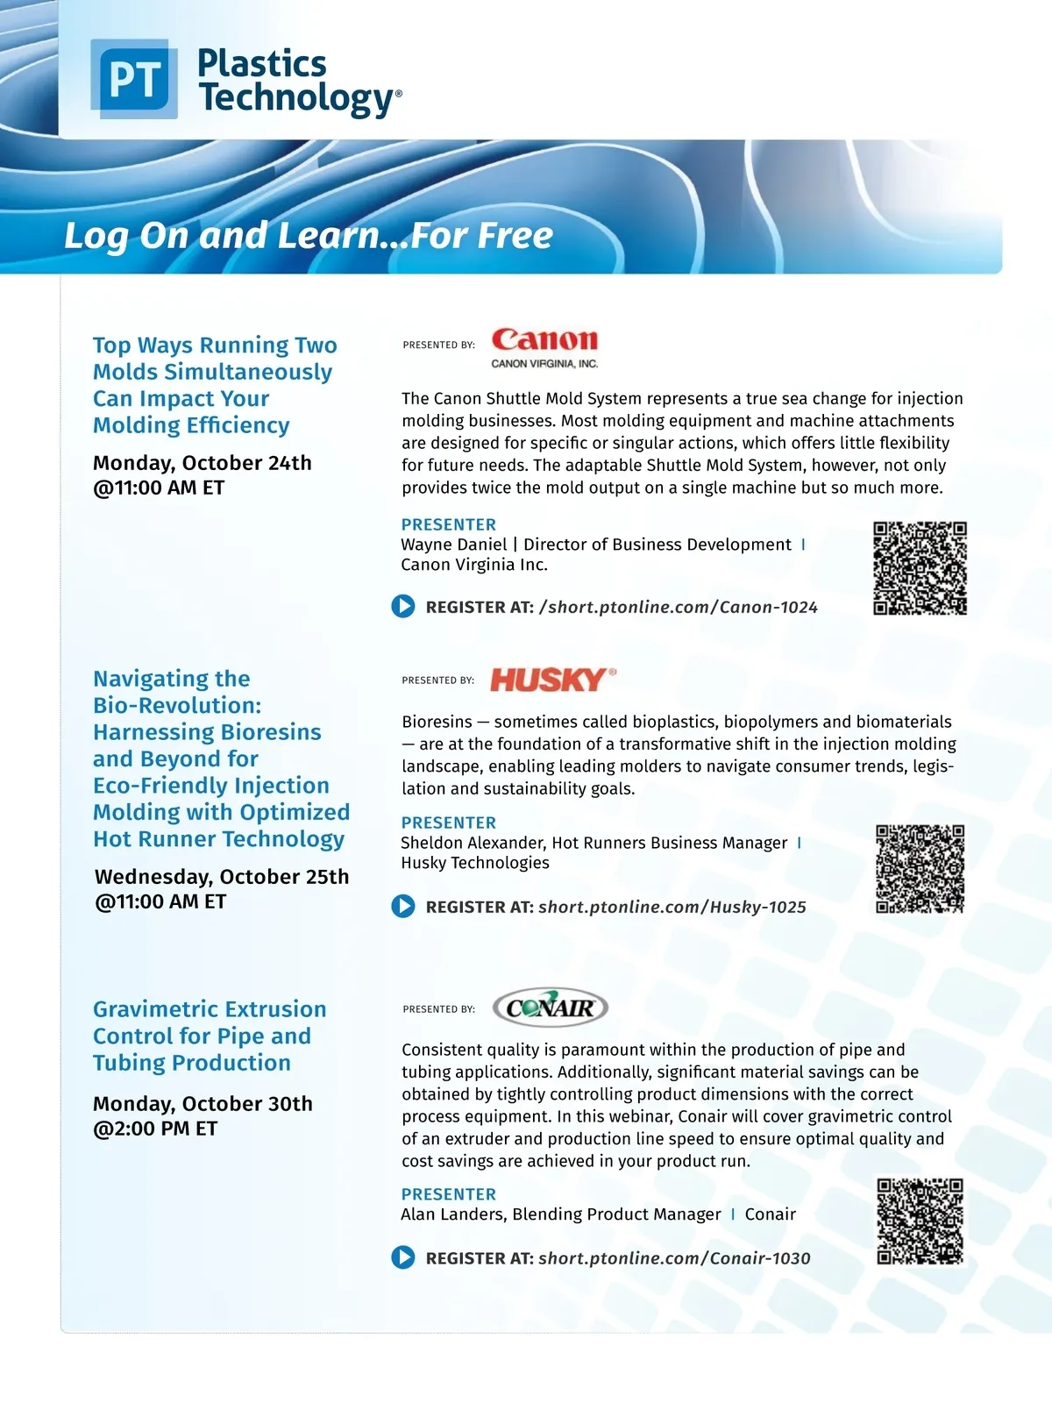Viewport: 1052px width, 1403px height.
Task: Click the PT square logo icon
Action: [134, 79]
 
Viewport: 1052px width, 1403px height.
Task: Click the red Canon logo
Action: [544, 340]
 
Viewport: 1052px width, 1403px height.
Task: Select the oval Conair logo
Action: [551, 1008]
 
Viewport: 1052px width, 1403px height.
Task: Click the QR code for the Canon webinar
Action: [920, 568]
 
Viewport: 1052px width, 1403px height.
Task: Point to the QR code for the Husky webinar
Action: [920, 869]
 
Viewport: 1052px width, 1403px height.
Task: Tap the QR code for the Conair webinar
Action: [920, 1221]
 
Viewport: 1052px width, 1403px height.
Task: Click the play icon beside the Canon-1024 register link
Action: [403, 606]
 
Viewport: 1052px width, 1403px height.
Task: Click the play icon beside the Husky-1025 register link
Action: [403, 906]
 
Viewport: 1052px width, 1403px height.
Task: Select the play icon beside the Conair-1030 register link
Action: [403, 1257]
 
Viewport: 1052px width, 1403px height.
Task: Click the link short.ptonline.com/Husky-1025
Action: [672, 907]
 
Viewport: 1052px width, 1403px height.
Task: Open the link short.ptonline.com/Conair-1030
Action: [674, 1258]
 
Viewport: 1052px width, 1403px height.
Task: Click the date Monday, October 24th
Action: [203, 463]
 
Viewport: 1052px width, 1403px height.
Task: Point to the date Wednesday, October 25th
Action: [222, 877]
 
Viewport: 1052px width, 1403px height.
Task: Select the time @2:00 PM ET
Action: [155, 1129]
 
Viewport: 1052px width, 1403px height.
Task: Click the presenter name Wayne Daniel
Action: [453, 545]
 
